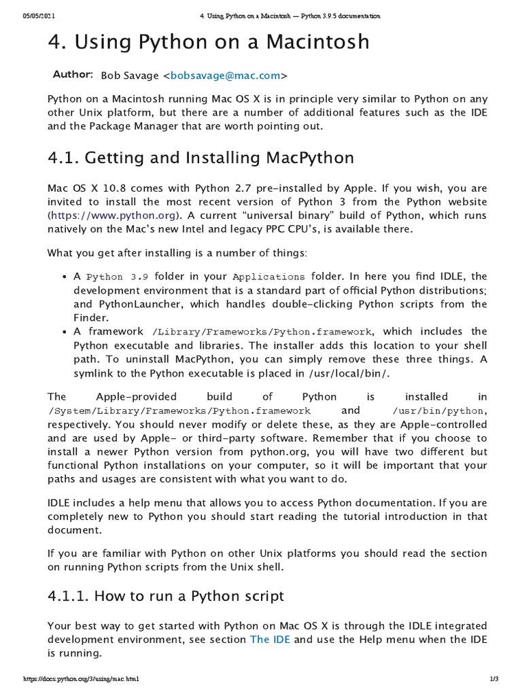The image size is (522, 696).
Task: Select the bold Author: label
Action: pos(73,73)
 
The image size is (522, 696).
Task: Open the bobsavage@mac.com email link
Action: pos(224,75)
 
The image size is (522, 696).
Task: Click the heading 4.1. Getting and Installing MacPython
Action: pos(201,158)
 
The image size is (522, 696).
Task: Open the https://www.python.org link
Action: pos(114,215)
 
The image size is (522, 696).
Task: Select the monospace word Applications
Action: pos(268,277)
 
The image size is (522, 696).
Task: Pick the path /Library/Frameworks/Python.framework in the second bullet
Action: pos(262,332)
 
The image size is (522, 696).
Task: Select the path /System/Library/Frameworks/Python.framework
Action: pos(179,411)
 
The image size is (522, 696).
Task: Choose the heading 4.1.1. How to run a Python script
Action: pos(166,596)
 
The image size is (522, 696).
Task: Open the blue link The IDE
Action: pos(270,640)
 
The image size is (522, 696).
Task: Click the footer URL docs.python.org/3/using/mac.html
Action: pos(82,679)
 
